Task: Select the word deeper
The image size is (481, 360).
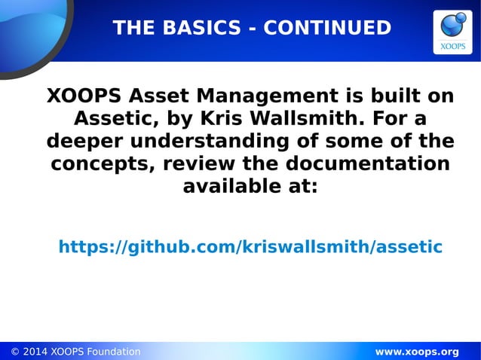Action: coord(82,142)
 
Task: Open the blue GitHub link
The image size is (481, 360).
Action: coord(250,247)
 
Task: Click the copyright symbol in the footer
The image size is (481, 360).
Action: coord(15,352)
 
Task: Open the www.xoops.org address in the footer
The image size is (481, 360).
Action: coord(416,352)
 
